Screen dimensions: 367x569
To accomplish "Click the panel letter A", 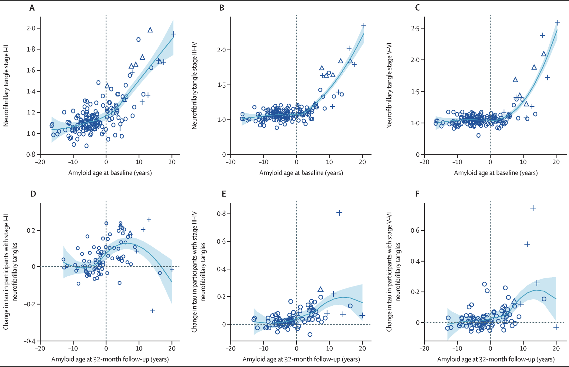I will point(32,8).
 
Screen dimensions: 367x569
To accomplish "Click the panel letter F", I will point(417,194).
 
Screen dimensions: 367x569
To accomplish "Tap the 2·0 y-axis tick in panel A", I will point(31,28).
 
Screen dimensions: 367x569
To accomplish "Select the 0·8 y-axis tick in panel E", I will point(221,214).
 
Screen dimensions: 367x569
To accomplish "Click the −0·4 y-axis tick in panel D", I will point(29,341).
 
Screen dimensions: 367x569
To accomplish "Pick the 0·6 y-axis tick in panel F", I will point(415,231).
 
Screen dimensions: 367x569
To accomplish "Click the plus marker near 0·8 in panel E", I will point(339,213).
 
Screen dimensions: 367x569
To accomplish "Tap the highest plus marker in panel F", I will point(533,208).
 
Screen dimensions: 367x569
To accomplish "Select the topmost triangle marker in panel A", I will point(150,30).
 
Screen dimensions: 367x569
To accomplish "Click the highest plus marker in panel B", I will point(364,26).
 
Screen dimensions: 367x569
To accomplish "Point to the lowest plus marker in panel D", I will point(152,311).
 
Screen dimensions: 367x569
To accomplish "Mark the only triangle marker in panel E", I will point(321,289).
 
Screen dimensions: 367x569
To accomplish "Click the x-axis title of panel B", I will point(301,173).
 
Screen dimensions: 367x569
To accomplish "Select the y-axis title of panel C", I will point(389,86).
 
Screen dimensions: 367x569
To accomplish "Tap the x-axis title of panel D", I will point(110,359).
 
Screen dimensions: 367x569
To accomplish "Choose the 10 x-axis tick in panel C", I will point(523,162).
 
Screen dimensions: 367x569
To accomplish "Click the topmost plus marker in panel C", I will point(557,23).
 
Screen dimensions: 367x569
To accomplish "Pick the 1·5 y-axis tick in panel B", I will point(221,85).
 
